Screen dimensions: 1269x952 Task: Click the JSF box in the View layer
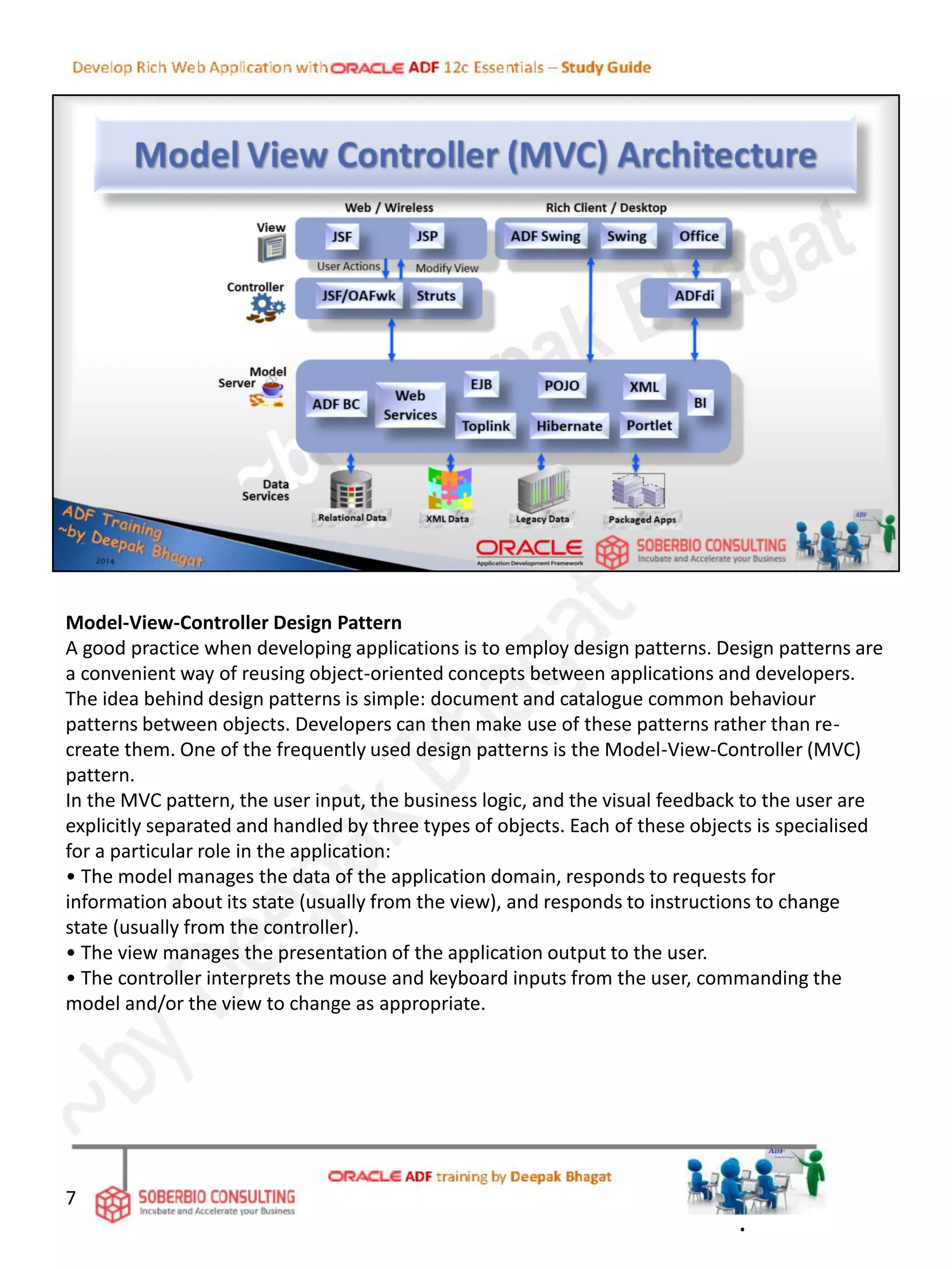click(x=342, y=237)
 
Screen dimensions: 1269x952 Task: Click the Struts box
click(x=436, y=296)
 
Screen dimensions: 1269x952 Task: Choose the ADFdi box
click(x=694, y=296)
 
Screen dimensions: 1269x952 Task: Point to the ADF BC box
click(x=336, y=404)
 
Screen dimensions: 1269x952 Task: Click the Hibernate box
click(x=569, y=426)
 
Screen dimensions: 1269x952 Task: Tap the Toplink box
click(x=485, y=426)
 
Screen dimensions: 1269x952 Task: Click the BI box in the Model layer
click(x=700, y=403)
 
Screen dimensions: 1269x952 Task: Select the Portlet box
click(x=649, y=425)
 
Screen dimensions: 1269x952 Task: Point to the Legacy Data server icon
click(x=543, y=489)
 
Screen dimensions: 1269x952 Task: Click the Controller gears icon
click(x=266, y=308)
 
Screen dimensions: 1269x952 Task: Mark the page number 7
click(x=71, y=1197)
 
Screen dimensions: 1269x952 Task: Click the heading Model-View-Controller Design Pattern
click(x=233, y=623)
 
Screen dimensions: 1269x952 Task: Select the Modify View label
click(x=446, y=268)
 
